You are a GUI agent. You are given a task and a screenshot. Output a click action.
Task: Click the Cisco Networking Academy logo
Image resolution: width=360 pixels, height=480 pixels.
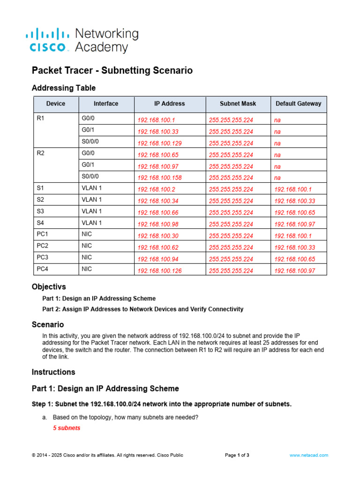click(82, 40)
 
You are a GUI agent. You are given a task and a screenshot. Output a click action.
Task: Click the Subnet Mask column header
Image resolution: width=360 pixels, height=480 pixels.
click(238, 104)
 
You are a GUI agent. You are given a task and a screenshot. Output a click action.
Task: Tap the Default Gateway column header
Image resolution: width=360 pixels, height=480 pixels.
click(299, 104)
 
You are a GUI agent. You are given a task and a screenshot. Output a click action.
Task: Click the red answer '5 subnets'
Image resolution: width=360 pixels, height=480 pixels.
click(67, 428)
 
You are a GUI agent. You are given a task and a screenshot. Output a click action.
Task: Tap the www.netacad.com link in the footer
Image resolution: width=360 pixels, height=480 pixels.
click(309, 455)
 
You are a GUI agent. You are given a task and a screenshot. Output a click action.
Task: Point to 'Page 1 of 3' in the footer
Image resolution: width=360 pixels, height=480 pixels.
click(237, 455)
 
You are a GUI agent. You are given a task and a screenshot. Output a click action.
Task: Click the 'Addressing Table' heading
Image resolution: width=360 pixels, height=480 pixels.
click(63, 88)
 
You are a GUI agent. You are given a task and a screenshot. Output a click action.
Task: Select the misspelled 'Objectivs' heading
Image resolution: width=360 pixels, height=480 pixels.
click(49, 286)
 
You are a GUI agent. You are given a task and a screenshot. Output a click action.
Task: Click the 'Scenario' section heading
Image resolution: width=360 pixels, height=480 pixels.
click(48, 324)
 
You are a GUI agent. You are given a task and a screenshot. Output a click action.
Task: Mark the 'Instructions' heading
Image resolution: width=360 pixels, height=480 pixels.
click(53, 372)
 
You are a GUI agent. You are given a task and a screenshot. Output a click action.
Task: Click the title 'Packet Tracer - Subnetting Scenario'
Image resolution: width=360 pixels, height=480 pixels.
click(112, 70)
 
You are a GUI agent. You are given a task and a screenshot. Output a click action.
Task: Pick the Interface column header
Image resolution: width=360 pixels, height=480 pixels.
click(106, 104)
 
